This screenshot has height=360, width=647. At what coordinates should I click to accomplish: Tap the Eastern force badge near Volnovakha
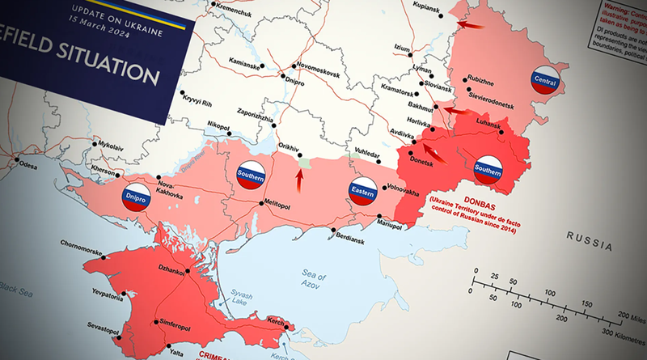pyautogui.click(x=362, y=193)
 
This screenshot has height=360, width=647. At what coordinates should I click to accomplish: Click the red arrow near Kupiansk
pyautogui.click(x=469, y=26)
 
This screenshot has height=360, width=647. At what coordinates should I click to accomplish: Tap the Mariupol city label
pyautogui.click(x=386, y=227)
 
